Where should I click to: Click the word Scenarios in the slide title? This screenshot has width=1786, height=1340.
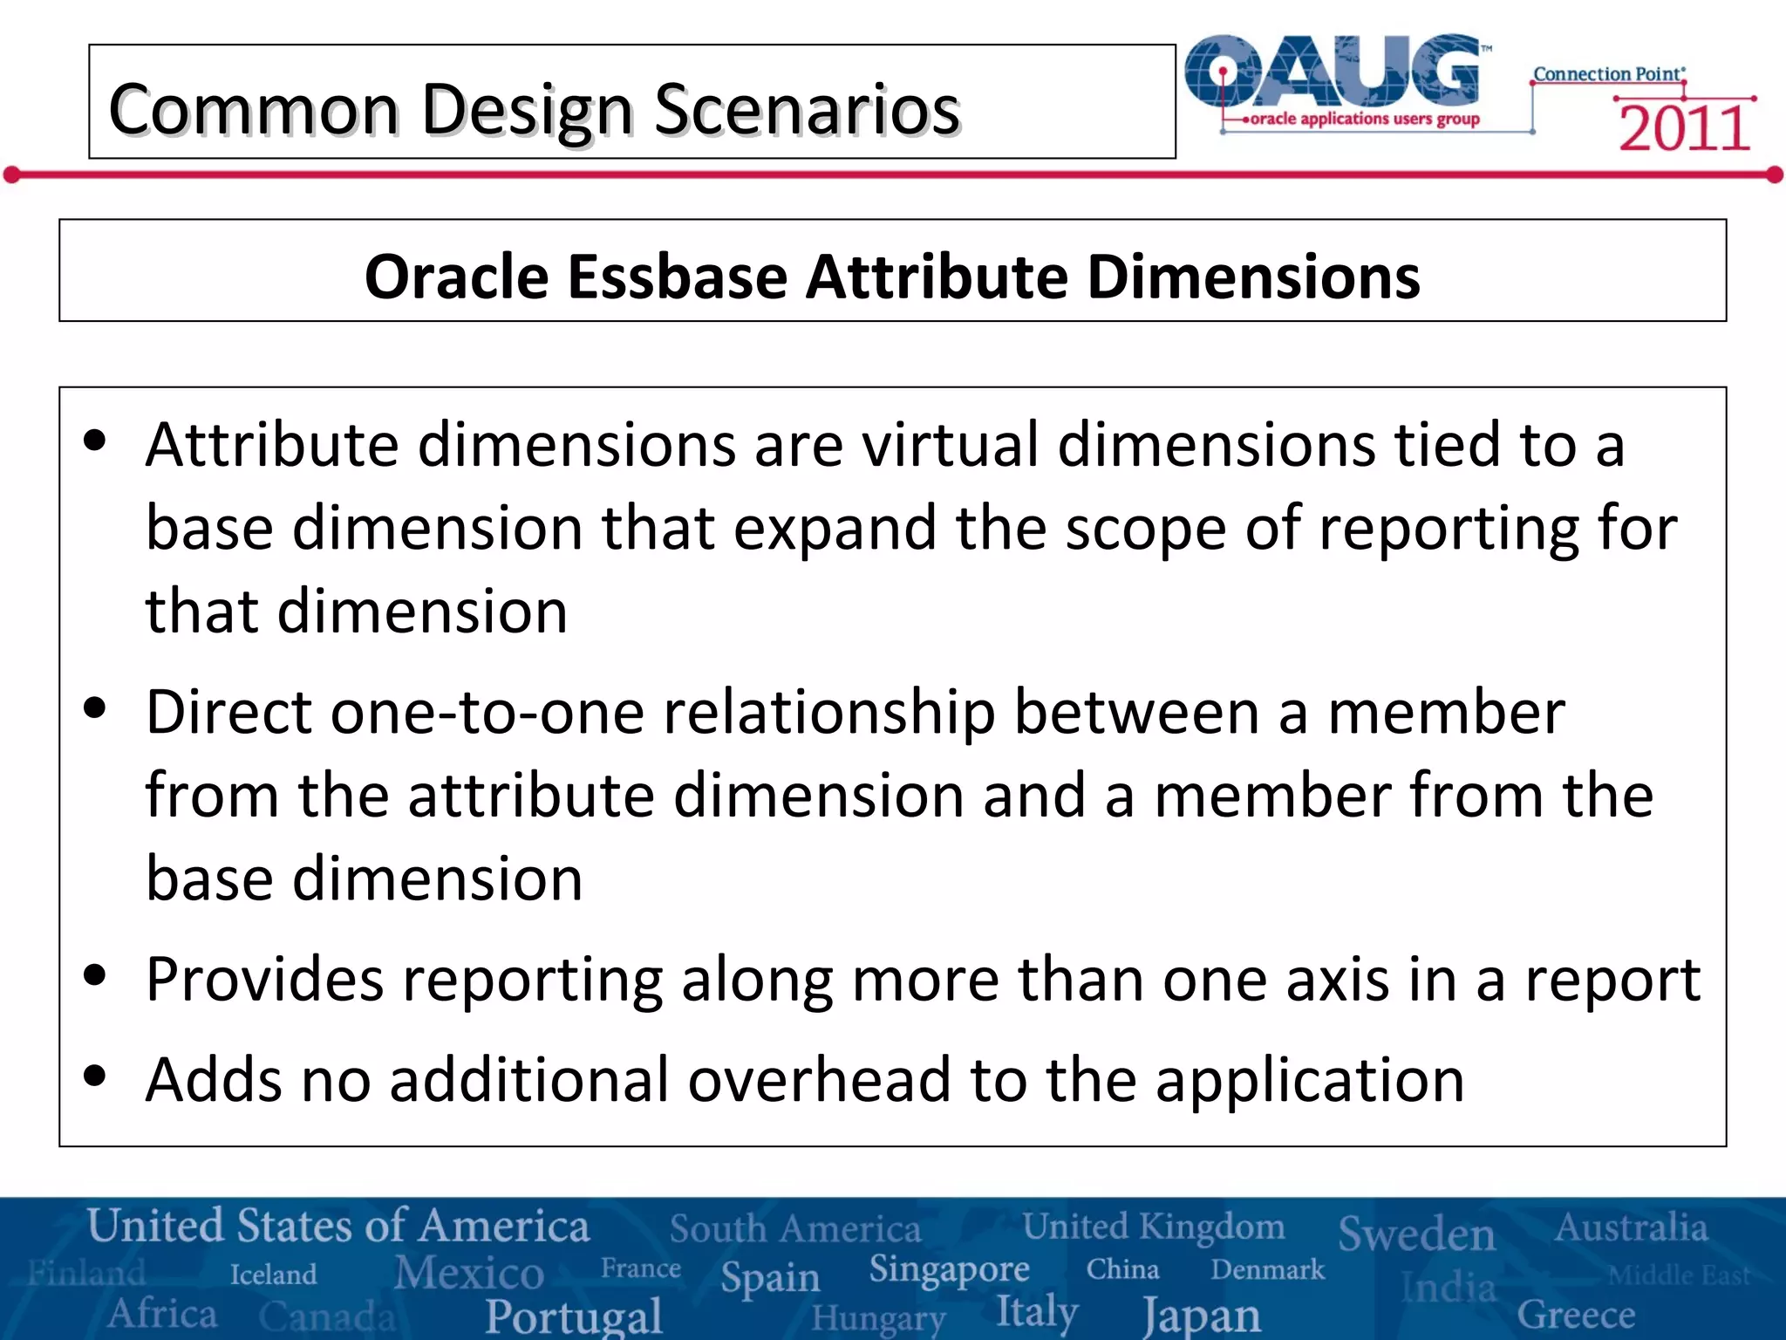pyautogui.click(x=807, y=111)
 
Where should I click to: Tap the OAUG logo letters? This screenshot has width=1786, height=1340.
pyautogui.click(x=1334, y=72)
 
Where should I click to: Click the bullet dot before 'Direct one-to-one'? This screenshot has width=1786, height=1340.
pyautogui.click(x=94, y=708)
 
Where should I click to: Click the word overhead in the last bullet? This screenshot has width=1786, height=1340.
pyautogui.click(x=819, y=1080)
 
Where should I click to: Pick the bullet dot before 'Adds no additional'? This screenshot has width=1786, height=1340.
pyautogui.click(x=94, y=1076)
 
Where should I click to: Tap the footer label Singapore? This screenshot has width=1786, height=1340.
pyautogui.click(x=949, y=1270)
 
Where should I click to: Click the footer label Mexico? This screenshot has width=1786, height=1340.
pyautogui.click(x=469, y=1272)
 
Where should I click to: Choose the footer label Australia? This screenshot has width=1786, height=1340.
pyautogui.click(x=1631, y=1227)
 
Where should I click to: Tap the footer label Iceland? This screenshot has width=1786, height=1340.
pyautogui.click(x=273, y=1275)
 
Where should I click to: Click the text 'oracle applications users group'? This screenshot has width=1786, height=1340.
pyautogui.click(x=1364, y=119)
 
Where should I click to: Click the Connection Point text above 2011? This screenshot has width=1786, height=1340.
pyautogui.click(x=1608, y=74)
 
